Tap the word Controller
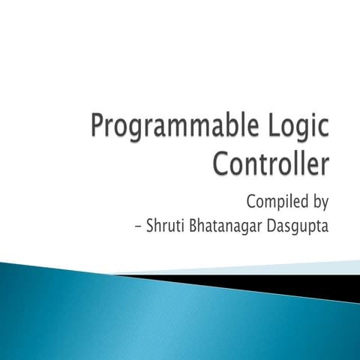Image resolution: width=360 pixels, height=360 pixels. pos(270,163)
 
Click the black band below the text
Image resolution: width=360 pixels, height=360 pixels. pos(300,283)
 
